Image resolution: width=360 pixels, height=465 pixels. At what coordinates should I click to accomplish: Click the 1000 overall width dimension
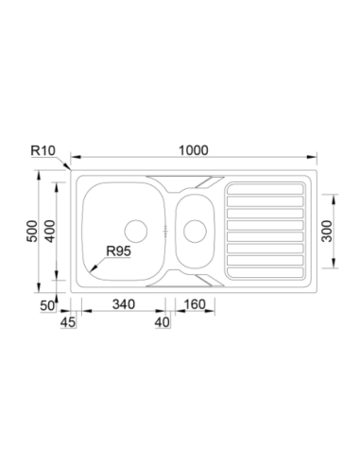point(194,150)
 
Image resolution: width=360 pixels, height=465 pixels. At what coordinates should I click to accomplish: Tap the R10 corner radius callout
point(43,150)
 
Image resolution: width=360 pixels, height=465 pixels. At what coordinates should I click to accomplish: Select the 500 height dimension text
point(32,232)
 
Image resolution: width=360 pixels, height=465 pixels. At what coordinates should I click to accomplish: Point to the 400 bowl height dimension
point(50,232)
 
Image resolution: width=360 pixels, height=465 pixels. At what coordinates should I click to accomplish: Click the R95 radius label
point(118,251)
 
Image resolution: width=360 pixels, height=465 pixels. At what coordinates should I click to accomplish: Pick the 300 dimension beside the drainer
point(327,232)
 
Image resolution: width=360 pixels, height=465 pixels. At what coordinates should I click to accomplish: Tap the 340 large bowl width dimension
point(124,304)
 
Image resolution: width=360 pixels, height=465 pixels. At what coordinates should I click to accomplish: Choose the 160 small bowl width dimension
point(195,304)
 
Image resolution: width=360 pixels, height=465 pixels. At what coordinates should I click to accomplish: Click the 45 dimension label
point(68,322)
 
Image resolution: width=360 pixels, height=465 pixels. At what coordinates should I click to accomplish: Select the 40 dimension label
point(163,322)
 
